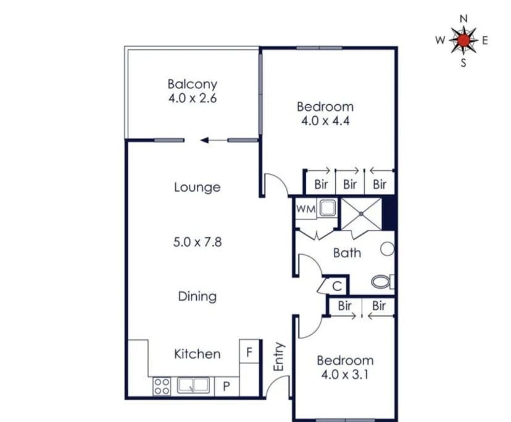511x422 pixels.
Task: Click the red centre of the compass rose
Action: tap(463, 40)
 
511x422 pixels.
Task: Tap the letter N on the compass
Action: tap(463, 19)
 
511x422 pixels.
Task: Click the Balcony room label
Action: tap(193, 84)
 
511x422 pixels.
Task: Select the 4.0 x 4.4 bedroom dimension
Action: tap(325, 121)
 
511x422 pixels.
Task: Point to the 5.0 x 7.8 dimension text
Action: tap(197, 242)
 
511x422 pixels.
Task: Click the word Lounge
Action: tap(197, 187)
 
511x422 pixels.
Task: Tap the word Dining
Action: tap(197, 296)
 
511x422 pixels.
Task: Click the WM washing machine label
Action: tap(305, 209)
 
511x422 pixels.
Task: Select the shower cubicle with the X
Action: tap(361, 213)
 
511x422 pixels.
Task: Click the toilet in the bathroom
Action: tap(383, 282)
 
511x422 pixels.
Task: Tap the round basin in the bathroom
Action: tap(388, 249)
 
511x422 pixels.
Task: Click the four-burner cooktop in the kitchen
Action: tap(162, 386)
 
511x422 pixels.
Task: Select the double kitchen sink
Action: tap(193, 386)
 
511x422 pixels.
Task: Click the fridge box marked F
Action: tap(249, 352)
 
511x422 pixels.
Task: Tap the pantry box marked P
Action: tap(226, 386)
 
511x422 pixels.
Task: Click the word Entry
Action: tap(278, 357)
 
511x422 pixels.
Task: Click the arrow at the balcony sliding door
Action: tap(214, 141)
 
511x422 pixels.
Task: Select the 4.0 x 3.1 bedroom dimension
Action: tap(345, 374)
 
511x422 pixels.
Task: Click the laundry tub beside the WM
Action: tap(328, 208)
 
